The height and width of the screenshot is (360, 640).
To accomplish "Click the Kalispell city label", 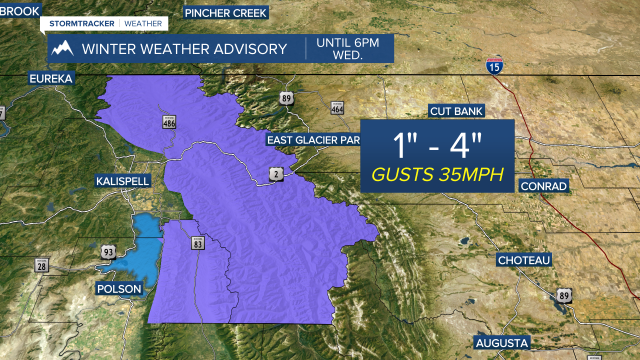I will point(123,181).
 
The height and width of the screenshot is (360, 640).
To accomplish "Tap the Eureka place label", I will point(51,78).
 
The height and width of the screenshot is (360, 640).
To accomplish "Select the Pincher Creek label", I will point(226,13).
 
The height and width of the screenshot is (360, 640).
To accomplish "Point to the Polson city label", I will point(119,288).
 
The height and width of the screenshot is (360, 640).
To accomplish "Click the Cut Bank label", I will point(456,111).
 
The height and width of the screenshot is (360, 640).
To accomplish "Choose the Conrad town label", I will point(543,186).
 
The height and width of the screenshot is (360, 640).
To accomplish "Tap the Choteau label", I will point(524,260).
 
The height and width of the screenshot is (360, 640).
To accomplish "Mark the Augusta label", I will point(502,343).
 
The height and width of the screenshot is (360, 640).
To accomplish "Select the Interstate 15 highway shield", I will point(494,66).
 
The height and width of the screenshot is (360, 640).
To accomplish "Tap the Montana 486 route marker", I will point(169,121).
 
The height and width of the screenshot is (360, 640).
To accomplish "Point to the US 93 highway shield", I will point(107,252).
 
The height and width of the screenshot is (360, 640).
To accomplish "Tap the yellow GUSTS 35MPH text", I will point(437,174).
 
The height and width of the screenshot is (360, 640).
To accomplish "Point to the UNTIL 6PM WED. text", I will point(347,49).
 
